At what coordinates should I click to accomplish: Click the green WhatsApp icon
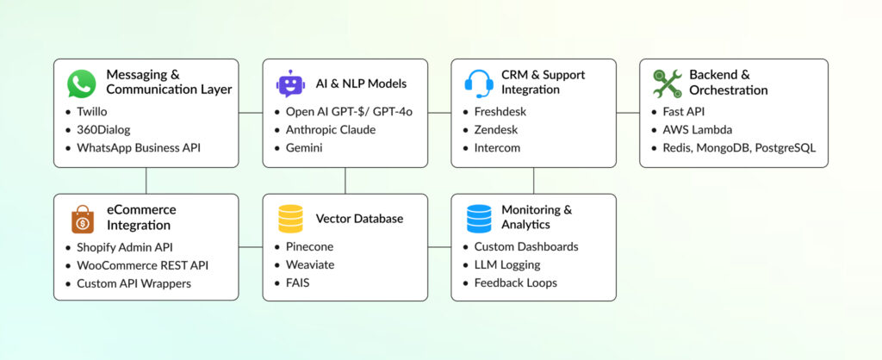click(x=82, y=84)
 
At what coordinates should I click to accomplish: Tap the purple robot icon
click(x=289, y=84)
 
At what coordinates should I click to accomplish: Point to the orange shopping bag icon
click(x=83, y=219)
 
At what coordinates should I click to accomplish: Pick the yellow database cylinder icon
click(x=290, y=219)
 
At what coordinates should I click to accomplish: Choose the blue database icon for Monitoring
click(x=478, y=219)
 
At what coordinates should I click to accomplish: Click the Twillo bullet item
click(x=93, y=112)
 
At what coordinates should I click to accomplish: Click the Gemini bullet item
click(x=306, y=148)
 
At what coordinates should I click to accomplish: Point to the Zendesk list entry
click(x=497, y=130)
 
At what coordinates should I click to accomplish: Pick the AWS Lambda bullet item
click(x=697, y=130)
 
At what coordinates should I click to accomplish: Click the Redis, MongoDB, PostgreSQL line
click(x=738, y=148)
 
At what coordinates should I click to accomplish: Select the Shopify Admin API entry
click(x=124, y=247)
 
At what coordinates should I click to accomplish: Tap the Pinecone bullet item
click(x=308, y=247)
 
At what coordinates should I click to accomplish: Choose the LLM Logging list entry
click(x=507, y=264)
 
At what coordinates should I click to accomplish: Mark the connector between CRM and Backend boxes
click(x=628, y=113)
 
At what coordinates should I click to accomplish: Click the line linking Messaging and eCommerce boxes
click(x=146, y=180)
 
